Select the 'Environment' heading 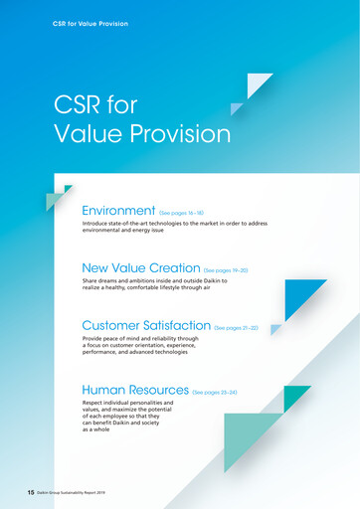118,211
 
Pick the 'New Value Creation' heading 140,268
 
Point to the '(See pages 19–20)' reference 232,270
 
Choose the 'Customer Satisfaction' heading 146,325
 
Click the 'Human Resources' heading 134,391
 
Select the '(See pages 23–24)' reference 215,393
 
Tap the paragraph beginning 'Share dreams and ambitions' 154,285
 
